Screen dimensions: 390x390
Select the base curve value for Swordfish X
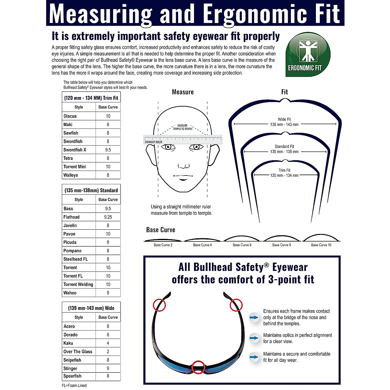pos(108,150)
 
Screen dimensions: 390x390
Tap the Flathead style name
pos(71,217)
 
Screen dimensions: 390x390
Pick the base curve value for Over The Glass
pos(108,352)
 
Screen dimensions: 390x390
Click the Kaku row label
pos(68,343)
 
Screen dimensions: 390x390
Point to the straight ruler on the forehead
pos(183,140)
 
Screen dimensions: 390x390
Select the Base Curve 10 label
pos(321,245)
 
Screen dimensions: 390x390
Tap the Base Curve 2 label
pos(163,245)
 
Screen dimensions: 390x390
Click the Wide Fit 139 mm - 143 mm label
pos(284,122)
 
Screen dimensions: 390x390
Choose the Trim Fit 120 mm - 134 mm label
pos(284,173)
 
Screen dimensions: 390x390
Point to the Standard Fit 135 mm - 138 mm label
pos(284,149)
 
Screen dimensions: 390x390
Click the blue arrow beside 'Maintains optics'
pos(254,338)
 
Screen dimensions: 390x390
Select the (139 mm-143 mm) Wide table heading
pos(91,308)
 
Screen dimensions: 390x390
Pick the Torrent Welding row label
pos(78,284)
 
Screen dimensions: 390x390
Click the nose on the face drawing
pos(184,165)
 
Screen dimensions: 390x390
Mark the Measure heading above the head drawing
pos(183,92)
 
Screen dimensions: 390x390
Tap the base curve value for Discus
pos(108,116)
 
